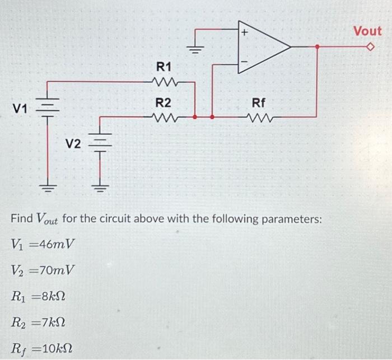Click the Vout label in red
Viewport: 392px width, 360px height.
tap(367, 31)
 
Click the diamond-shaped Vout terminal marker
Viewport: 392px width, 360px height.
tap(369, 48)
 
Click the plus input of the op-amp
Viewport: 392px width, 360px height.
tap(244, 34)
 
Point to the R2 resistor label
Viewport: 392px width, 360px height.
tap(164, 102)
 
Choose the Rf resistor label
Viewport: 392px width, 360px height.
tap(259, 102)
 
